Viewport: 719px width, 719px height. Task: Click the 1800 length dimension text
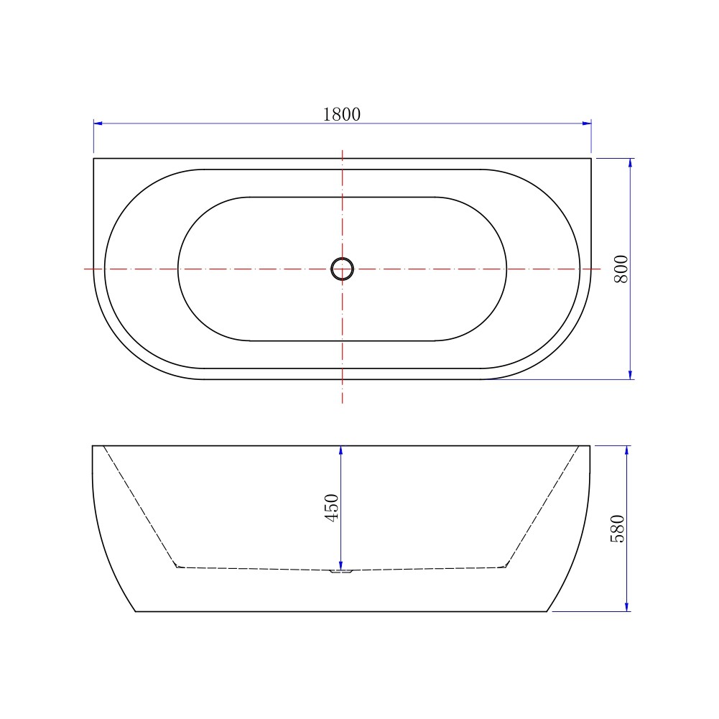coord(342,114)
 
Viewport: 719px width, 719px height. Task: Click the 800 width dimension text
coord(621,269)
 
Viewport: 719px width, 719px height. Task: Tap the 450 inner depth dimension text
coord(332,507)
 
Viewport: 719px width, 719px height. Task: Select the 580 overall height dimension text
coord(618,529)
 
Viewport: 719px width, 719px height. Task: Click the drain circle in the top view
coord(342,269)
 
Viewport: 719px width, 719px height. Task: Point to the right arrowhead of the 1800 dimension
coord(587,124)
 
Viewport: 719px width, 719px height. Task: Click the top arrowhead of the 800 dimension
coord(631,163)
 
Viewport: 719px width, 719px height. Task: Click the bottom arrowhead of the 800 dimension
coord(631,375)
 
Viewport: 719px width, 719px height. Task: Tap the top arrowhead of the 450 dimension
coord(340,450)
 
